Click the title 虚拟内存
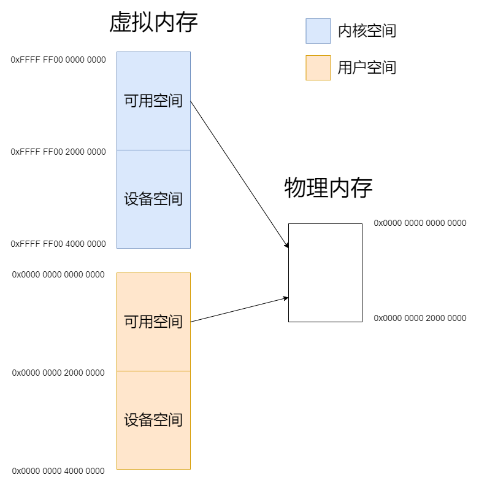(x=153, y=23)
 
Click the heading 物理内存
(x=328, y=188)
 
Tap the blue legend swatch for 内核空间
(x=318, y=31)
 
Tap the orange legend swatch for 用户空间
(x=318, y=68)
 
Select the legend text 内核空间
(x=367, y=31)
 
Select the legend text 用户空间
(x=367, y=68)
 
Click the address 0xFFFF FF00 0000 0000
(x=58, y=60)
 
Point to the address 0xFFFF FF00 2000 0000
(x=58, y=152)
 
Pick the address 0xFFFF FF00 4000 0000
(x=58, y=244)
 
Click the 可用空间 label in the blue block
(x=153, y=101)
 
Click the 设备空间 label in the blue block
(x=153, y=199)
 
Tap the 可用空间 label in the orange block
(x=153, y=322)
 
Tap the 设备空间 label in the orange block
(x=153, y=420)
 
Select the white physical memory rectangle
(x=325, y=273)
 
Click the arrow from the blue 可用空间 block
(x=239, y=174)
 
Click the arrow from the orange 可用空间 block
(x=239, y=309)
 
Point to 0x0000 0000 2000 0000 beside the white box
(x=420, y=318)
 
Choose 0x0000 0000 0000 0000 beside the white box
(x=420, y=223)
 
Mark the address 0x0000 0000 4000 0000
(x=58, y=471)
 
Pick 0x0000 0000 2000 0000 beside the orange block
(x=58, y=373)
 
